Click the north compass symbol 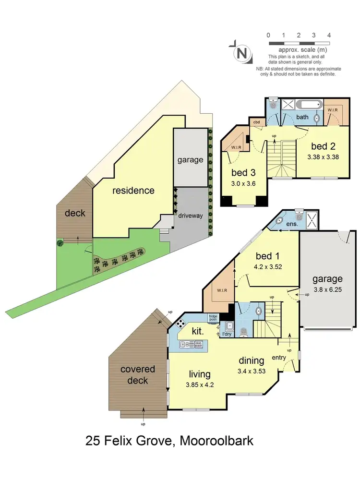tap(243, 53)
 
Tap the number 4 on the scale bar tap(329, 35)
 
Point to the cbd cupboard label tap(257, 122)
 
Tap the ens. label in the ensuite tap(292, 224)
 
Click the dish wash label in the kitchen tap(198, 344)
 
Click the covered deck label tap(138, 375)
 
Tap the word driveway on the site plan tap(191, 216)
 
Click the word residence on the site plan tap(133, 191)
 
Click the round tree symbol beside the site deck tap(60, 242)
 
